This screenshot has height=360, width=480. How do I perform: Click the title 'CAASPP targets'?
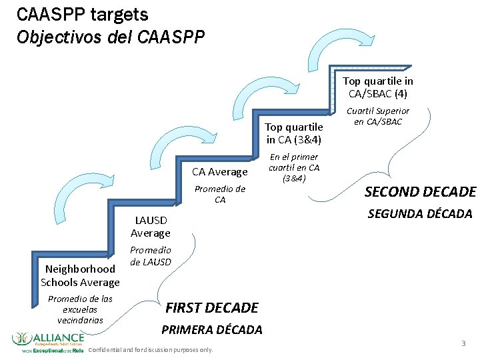[x=83, y=14]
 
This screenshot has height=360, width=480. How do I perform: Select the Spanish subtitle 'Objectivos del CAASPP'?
[x=111, y=36]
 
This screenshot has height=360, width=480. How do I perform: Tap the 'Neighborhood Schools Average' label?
[x=80, y=275]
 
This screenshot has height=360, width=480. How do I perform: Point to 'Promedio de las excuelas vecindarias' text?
[x=80, y=309]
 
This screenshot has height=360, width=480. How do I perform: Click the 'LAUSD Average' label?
[x=150, y=226]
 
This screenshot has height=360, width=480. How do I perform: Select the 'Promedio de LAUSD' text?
[x=150, y=255]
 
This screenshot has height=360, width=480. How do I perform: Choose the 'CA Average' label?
[x=220, y=172]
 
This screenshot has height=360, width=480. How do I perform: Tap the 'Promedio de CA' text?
[x=220, y=194]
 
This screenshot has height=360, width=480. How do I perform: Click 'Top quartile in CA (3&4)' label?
[x=294, y=133]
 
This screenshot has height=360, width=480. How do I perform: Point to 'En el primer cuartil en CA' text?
[x=294, y=167]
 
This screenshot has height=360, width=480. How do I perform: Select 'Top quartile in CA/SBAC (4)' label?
[x=378, y=87]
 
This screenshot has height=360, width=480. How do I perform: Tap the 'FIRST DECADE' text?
[x=211, y=307]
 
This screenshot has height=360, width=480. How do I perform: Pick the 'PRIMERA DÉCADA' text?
[x=212, y=329]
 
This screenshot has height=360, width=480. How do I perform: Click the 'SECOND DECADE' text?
[x=420, y=192]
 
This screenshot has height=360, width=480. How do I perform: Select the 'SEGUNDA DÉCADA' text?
[x=420, y=214]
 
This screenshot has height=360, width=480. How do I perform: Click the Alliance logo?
[x=48, y=341]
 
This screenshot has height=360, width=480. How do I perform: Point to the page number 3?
[x=463, y=343]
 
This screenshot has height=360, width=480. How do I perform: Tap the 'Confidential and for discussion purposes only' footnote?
[x=151, y=350]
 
